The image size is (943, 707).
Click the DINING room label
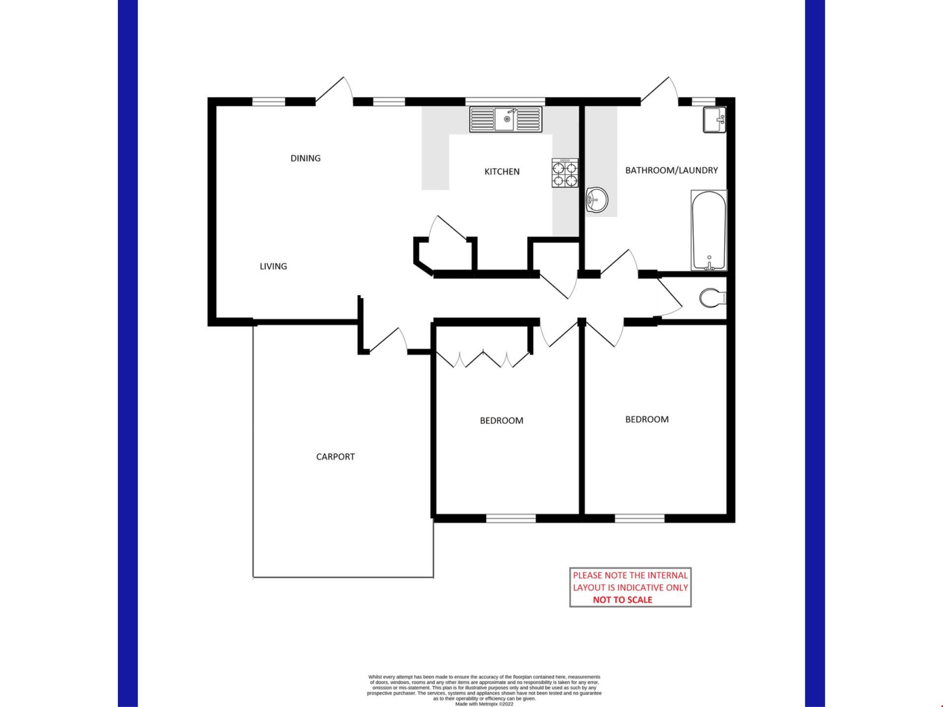point(305,158)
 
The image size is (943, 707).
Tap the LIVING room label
point(273,266)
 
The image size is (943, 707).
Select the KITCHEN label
point(502,171)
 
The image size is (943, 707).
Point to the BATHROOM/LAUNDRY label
point(671,170)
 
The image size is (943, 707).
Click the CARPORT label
point(335,457)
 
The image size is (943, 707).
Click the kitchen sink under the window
point(506,119)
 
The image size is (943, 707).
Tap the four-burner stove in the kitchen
point(565,173)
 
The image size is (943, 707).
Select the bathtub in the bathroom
point(709,230)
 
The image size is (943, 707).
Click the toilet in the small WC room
point(713,298)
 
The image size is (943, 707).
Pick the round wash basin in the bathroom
point(597,200)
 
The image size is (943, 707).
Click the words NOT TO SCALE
point(622,599)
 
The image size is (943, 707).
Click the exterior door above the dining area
point(334,91)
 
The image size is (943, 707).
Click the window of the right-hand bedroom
point(639,518)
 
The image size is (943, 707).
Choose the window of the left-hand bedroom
point(511,518)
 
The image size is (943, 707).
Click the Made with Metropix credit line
point(484,704)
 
